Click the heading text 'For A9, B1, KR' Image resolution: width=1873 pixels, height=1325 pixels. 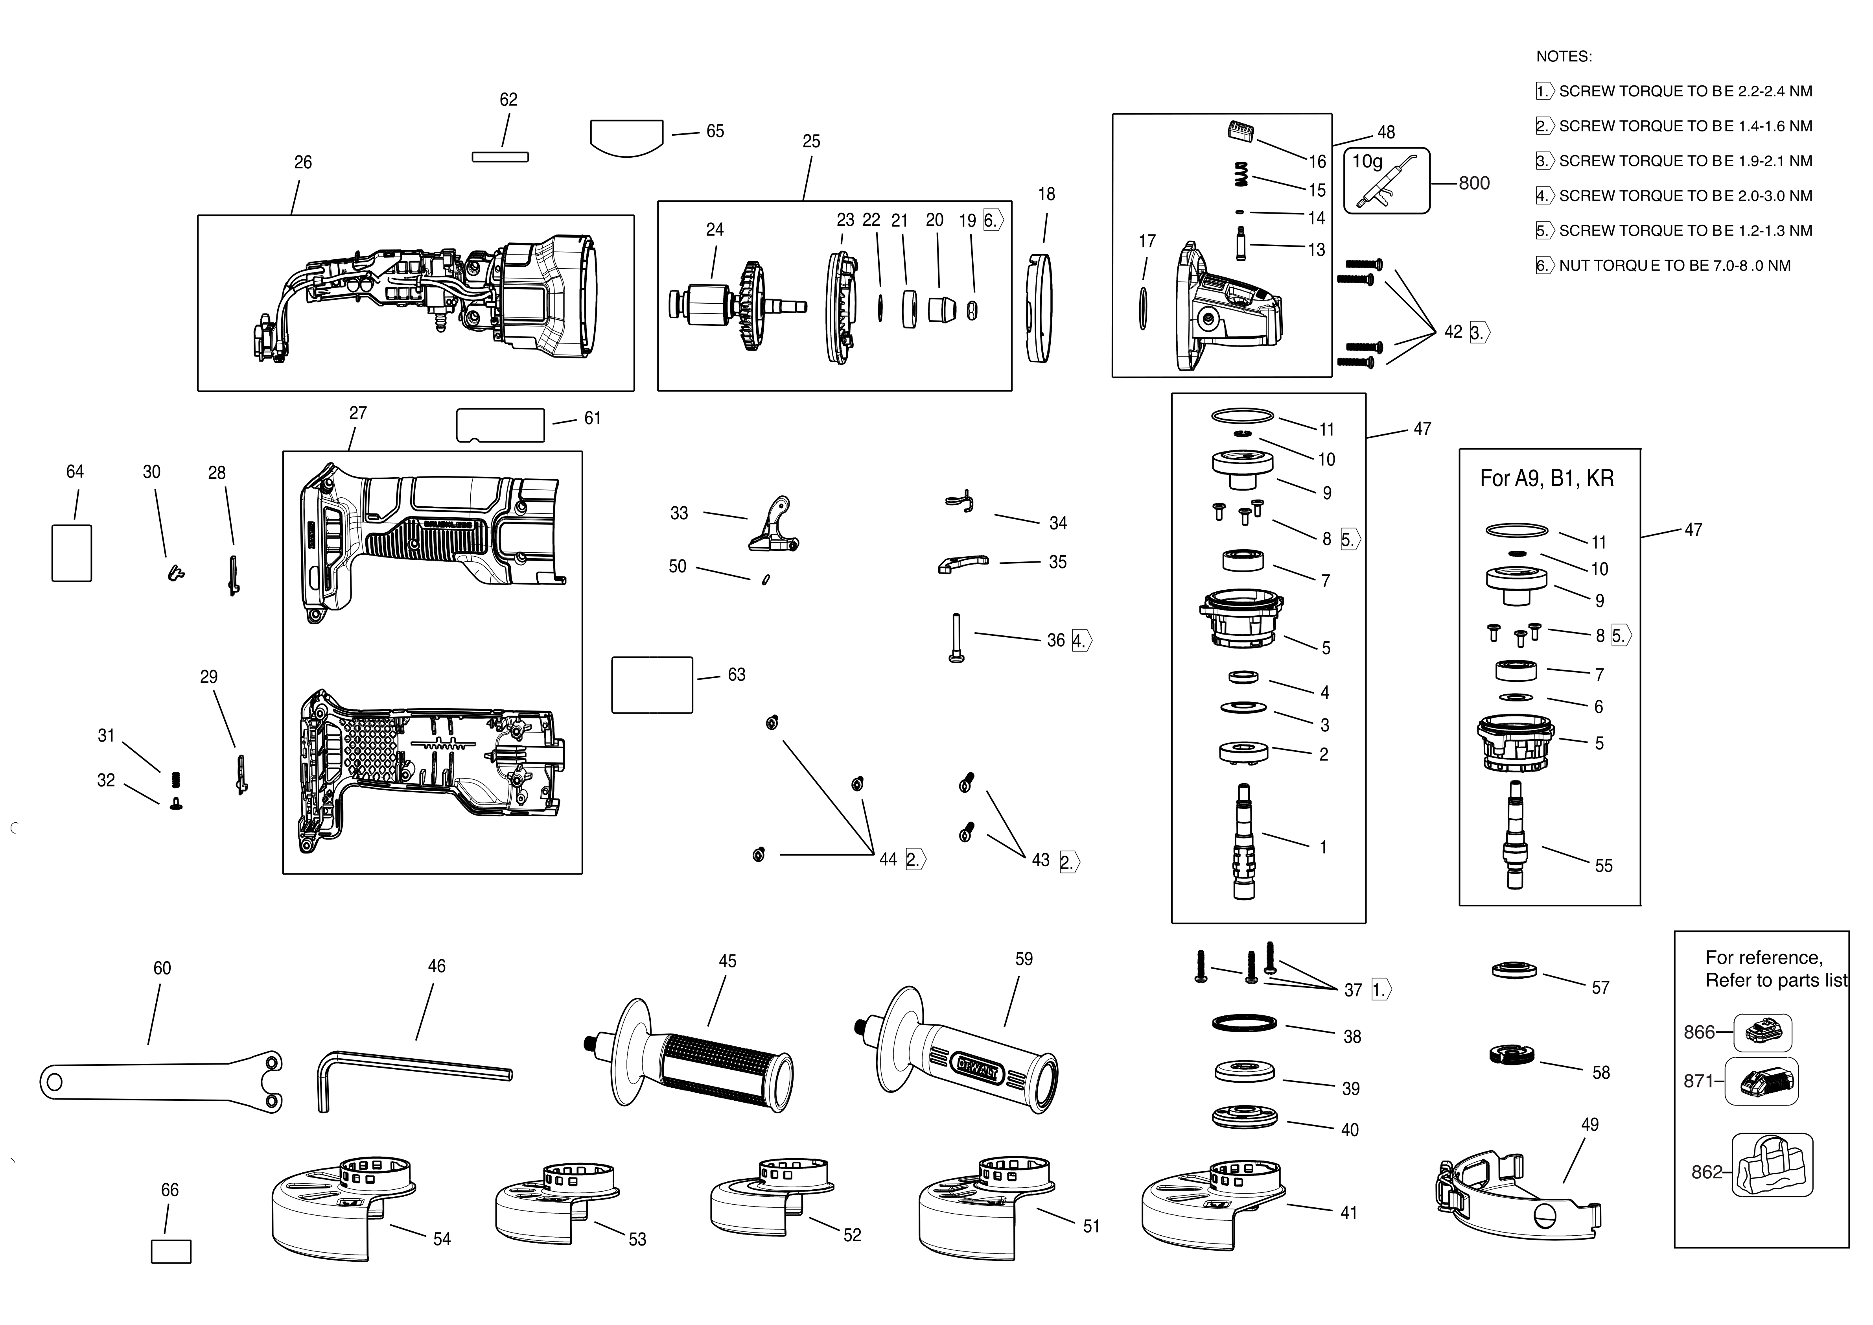tap(1547, 478)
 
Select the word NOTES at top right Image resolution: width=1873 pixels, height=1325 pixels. tap(1563, 56)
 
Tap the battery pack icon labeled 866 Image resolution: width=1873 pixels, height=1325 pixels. tap(1762, 1032)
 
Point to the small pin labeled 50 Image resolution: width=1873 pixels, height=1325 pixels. tap(765, 579)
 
